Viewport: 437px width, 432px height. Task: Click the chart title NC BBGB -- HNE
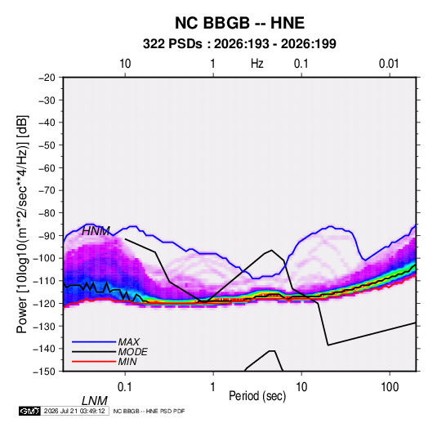point(239,23)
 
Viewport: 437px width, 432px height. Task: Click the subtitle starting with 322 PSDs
point(239,44)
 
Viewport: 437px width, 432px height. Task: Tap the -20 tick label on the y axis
point(47,78)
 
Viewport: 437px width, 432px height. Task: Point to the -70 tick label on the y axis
point(47,190)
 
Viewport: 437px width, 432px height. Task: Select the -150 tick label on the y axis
point(44,372)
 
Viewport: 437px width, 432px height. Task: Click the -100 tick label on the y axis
point(44,258)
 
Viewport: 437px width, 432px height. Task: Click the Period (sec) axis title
point(257,395)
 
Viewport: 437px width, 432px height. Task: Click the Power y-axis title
point(22,225)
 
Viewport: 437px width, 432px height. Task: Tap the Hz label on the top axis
point(257,64)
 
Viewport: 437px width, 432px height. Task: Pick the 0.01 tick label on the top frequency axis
point(389,64)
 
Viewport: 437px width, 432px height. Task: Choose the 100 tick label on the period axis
point(390,387)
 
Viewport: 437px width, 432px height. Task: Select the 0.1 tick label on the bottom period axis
point(125,387)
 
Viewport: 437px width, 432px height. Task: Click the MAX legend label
point(128,342)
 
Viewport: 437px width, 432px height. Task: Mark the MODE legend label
point(132,352)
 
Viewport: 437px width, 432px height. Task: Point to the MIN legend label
point(127,362)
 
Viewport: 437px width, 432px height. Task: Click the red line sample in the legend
point(94,362)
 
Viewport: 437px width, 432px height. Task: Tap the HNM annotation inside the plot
point(96,231)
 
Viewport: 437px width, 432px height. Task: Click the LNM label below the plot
point(95,401)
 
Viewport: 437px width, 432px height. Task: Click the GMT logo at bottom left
point(30,411)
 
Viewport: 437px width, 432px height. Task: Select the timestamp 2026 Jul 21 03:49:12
point(74,411)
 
